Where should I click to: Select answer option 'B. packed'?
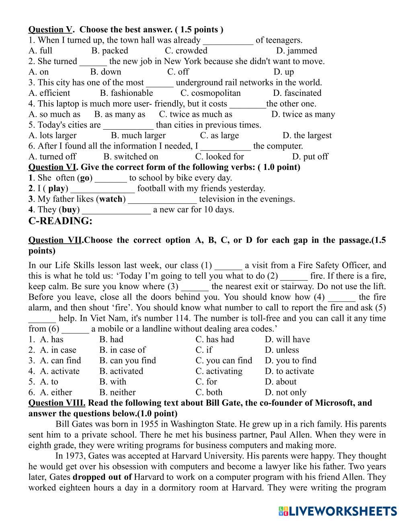click(x=109, y=51)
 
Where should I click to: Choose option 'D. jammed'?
click(x=297, y=51)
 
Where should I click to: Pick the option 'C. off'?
click(x=178, y=72)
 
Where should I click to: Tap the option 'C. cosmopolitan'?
click(x=210, y=93)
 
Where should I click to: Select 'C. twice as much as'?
click(x=195, y=114)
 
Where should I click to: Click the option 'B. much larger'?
click(x=138, y=135)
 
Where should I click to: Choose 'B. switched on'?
click(x=131, y=157)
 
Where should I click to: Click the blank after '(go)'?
click(x=111, y=178)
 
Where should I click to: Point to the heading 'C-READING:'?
click(x=60, y=221)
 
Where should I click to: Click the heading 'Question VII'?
click(x=55, y=240)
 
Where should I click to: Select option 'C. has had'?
click(x=215, y=339)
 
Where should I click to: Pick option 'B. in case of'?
click(x=122, y=350)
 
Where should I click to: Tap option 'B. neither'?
click(x=117, y=392)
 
